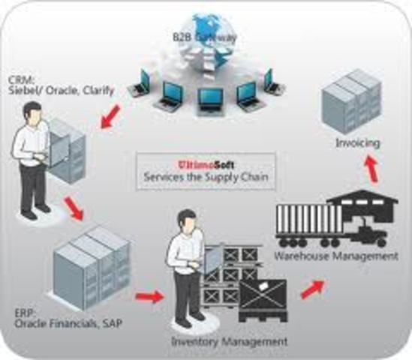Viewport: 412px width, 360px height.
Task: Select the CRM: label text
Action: point(20,79)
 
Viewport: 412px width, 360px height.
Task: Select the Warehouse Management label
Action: point(335,256)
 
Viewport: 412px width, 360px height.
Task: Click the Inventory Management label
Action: point(229,341)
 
